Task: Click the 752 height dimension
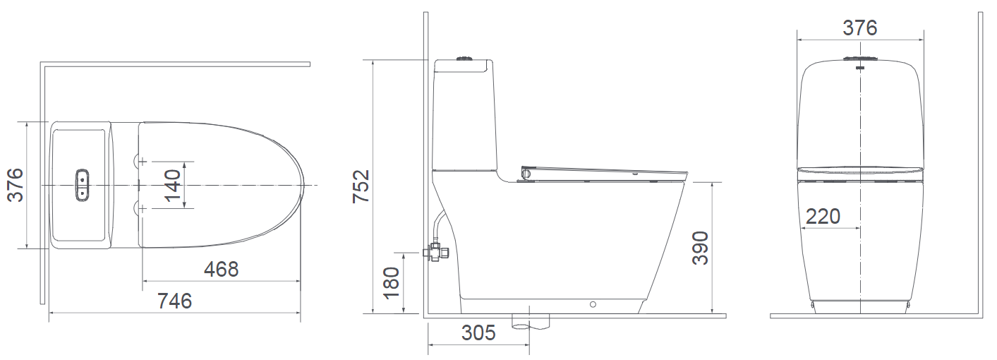point(361,186)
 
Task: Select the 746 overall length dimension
point(174,301)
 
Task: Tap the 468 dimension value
point(221,269)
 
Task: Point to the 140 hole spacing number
point(172,185)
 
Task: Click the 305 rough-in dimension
point(478,333)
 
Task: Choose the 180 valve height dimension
point(391,282)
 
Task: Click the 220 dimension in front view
point(823,216)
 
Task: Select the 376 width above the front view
point(859,28)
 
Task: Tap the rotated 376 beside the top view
point(15,185)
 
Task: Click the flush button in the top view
point(83,184)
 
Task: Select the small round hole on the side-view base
point(592,305)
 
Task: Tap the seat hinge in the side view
point(526,172)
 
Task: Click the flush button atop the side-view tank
point(464,58)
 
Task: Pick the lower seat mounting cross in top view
point(143,209)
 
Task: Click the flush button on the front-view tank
point(859,60)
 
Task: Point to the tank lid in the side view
point(462,67)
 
